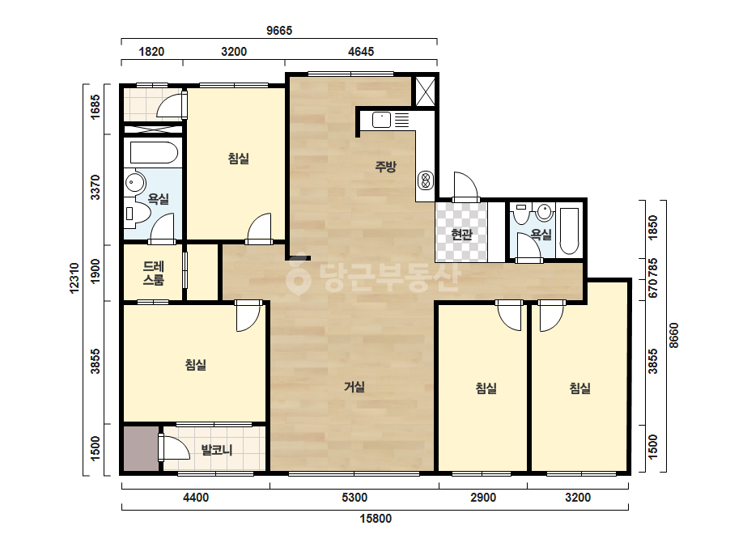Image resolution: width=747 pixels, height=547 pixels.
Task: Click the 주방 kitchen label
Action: [x=385, y=167]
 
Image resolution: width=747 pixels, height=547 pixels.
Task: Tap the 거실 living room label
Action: [x=354, y=387]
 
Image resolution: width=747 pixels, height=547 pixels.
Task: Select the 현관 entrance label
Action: [x=461, y=235]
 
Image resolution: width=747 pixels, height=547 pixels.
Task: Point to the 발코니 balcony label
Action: [x=217, y=449]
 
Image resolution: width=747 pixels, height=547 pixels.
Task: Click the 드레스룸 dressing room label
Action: [x=154, y=273]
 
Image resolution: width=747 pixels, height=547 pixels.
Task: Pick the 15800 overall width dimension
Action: [x=376, y=519]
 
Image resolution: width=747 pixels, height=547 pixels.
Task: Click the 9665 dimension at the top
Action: [x=279, y=31]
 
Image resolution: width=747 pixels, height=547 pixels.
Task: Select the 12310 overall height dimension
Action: [x=74, y=278]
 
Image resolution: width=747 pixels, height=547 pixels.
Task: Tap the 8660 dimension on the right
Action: [x=673, y=336]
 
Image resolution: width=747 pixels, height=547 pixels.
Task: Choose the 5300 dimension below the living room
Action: [x=354, y=498]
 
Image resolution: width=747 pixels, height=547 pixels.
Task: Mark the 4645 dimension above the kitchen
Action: [x=361, y=52]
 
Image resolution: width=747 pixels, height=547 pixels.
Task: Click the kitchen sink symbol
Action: [x=382, y=120]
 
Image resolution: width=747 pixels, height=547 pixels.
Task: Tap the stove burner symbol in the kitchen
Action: [x=426, y=180]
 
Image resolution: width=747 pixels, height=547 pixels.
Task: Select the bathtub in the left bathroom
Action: [x=154, y=152]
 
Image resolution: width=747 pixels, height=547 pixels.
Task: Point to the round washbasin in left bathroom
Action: [x=135, y=183]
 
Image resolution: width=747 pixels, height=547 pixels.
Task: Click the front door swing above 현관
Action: [x=465, y=187]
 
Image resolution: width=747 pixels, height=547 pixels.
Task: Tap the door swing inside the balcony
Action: [x=175, y=447]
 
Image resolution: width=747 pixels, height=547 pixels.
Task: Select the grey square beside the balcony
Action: [x=141, y=448]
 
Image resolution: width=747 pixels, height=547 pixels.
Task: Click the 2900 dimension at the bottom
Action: [x=483, y=498]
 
